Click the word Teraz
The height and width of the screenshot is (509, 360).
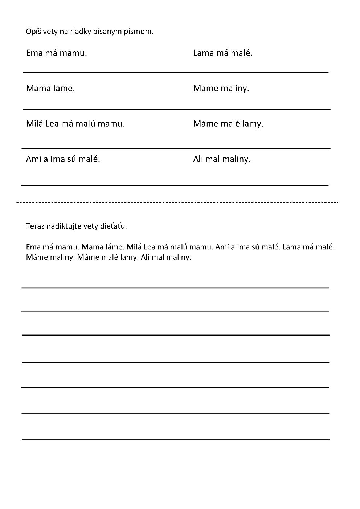34,226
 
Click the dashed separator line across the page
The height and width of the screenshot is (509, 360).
178,202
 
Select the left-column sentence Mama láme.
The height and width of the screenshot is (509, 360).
50,88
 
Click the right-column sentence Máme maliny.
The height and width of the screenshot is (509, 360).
221,88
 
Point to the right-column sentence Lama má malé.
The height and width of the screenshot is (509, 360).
223,53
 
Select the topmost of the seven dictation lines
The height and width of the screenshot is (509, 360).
175,288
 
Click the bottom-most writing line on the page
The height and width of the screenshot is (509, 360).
176,440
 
